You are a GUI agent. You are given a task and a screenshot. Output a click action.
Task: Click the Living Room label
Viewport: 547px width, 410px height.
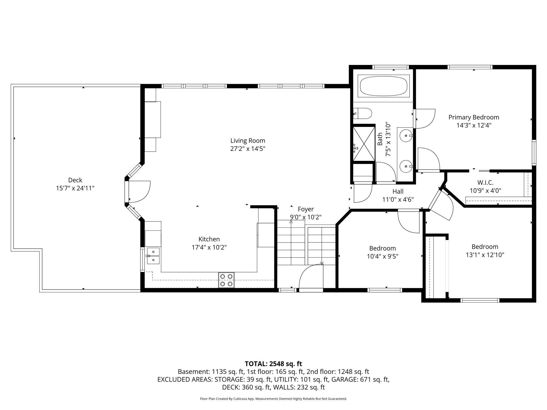point(248,141)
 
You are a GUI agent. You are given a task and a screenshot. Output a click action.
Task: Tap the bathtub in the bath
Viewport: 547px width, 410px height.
point(383,86)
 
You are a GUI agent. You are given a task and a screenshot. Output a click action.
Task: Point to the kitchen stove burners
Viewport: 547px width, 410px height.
point(226,280)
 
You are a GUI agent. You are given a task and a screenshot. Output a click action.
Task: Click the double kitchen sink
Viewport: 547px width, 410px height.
point(153,256)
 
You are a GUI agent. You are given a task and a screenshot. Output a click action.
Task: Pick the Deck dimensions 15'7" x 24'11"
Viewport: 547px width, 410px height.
point(75,188)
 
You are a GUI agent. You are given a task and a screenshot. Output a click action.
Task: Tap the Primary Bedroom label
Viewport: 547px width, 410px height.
point(474,117)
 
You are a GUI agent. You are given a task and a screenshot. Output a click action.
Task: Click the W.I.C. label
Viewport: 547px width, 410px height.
point(485,182)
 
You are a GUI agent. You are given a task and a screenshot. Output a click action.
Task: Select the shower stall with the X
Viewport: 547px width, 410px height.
point(364,143)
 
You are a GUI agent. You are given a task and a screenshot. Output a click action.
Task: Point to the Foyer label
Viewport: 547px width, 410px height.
point(306,209)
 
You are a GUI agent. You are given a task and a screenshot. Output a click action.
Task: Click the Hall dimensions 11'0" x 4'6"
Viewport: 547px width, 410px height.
point(398,199)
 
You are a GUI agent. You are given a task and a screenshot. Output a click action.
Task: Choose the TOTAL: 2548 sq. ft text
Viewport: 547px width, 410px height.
point(273,364)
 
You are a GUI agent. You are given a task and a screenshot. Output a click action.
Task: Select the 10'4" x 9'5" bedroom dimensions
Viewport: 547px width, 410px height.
point(383,256)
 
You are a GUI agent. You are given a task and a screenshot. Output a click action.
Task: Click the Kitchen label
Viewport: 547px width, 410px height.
point(209,239)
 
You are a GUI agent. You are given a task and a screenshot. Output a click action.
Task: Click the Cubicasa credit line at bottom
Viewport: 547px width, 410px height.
point(273,399)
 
